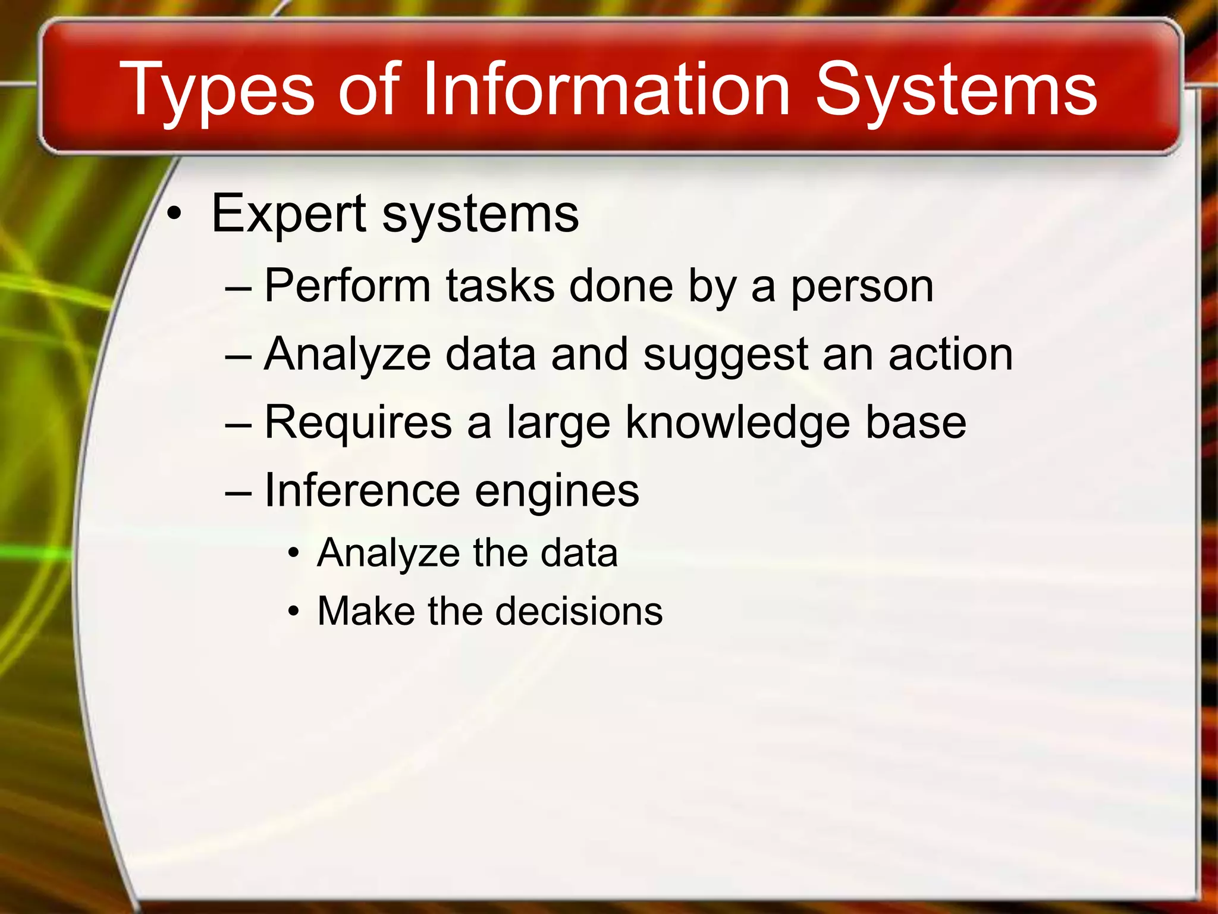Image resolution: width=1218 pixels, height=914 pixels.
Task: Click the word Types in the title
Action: click(x=216, y=91)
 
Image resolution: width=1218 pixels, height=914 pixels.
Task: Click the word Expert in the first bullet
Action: click(x=289, y=215)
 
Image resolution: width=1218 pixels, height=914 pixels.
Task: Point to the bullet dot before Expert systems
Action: click(x=173, y=215)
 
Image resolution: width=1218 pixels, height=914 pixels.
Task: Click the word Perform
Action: click(x=347, y=287)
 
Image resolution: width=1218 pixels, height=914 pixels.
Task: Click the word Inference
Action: click(x=362, y=491)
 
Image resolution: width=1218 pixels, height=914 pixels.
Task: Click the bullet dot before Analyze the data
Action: click(x=293, y=554)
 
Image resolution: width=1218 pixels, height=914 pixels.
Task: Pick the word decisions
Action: click(x=579, y=611)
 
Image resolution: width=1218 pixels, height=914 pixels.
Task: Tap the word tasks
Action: click(x=500, y=287)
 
